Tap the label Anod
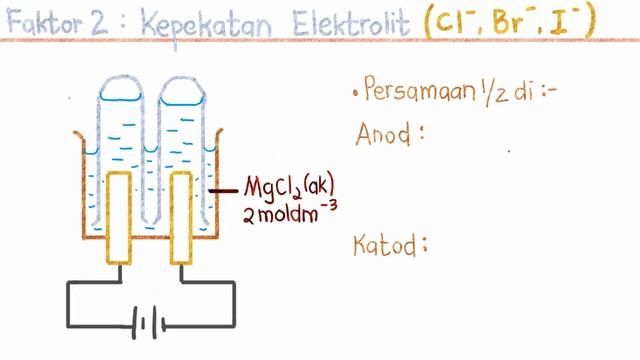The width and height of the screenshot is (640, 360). click(x=384, y=132)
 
